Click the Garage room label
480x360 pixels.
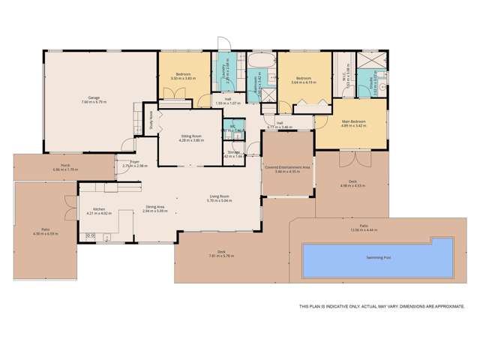point(96,99)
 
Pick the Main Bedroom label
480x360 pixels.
point(352,121)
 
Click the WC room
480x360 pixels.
point(233,127)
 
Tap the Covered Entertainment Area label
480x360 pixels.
point(287,169)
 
